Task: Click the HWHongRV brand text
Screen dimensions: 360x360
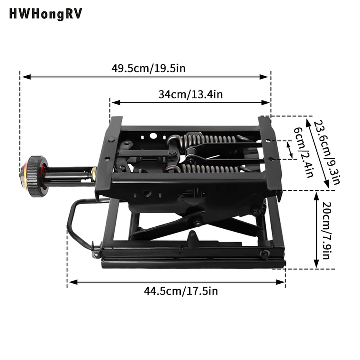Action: point(45,14)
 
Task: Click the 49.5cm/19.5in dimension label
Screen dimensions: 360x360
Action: point(148,68)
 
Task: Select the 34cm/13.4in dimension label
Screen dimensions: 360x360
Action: point(190,94)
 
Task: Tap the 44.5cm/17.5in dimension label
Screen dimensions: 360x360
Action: point(181,291)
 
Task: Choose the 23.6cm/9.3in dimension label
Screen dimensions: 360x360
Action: point(325,153)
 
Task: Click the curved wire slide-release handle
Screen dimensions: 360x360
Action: point(76,223)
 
